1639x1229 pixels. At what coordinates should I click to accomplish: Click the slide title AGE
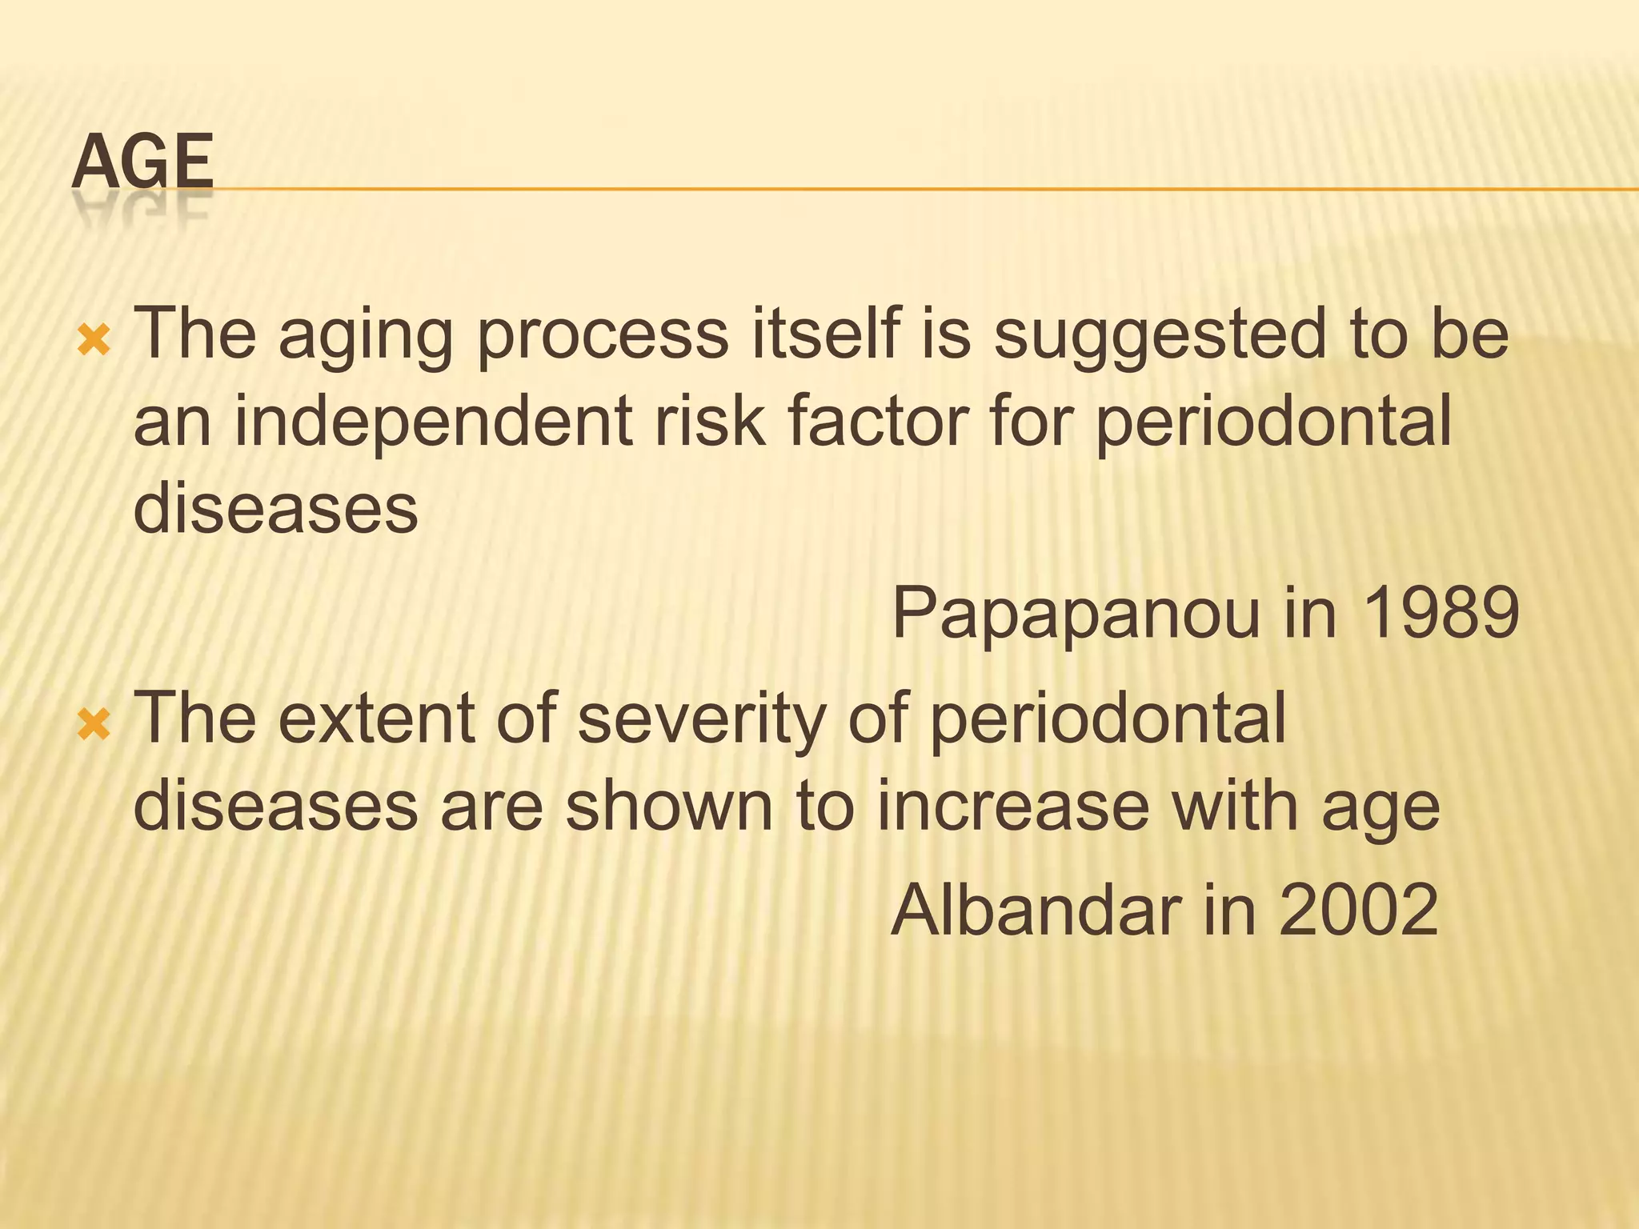click(x=142, y=162)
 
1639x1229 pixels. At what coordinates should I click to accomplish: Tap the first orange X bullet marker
click(x=93, y=342)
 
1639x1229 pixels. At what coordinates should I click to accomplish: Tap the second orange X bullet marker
click(x=93, y=726)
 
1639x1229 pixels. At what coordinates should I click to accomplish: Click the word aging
click(x=366, y=336)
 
